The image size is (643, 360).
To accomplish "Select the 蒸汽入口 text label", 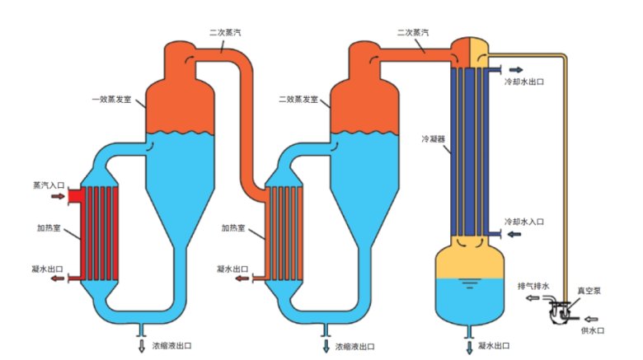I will pyautogui.click(x=49, y=186).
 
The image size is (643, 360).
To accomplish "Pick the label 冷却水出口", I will pyautogui.click(x=523, y=82).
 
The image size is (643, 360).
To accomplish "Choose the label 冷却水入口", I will pyautogui.click(x=523, y=222).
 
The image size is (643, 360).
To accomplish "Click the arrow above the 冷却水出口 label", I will pyautogui.click(x=515, y=70).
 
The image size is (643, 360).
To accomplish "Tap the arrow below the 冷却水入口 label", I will pyautogui.click(x=515, y=235).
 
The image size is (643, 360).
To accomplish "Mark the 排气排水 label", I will pyautogui.click(x=533, y=286).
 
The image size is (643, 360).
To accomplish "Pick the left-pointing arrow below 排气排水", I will pyautogui.click(x=532, y=298).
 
